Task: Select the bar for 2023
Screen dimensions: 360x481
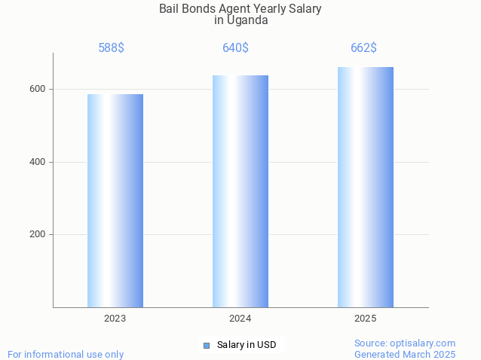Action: pyautogui.click(x=115, y=200)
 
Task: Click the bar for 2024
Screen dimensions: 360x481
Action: pyautogui.click(x=240, y=191)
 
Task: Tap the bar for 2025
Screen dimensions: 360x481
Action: pyautogui.click(x=366, y=187)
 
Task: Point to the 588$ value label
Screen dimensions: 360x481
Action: pyautogui.click(x=112, y=48)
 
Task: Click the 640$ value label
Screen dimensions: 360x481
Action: pyautogui.click(x=235, y=48)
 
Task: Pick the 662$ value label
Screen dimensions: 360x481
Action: pyautogui.click(x=363, y=48)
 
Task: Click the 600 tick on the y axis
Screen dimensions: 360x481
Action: pyautogui.click(x=38, y=89)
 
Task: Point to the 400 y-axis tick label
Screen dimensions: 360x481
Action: pyautogui.click(x=38, y=162)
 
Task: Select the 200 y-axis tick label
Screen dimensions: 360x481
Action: pyautogui.click(x=38, y=234)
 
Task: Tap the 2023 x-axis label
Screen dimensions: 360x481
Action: pyautogui.click(x=115, y=319)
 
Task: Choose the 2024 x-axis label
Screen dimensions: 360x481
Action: pyautogui.click(x=240, y=319)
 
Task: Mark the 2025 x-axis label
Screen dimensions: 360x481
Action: pyautogui.click(x=366, y=319)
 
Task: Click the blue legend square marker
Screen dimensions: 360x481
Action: pyautogui.click(x=206, y=346)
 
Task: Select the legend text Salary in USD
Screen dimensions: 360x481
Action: pyautogui.click(x=247, y=345)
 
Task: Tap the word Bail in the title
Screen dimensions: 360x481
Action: pyautogui.click(x=170, y=9)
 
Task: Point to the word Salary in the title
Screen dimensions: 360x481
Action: pyautogui.click(x=304, y=9)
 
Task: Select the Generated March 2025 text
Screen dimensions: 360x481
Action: pyautogui.click(x=405, y=354)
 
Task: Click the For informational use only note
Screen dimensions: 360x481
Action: pyautogui.click(x=66, y=354)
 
